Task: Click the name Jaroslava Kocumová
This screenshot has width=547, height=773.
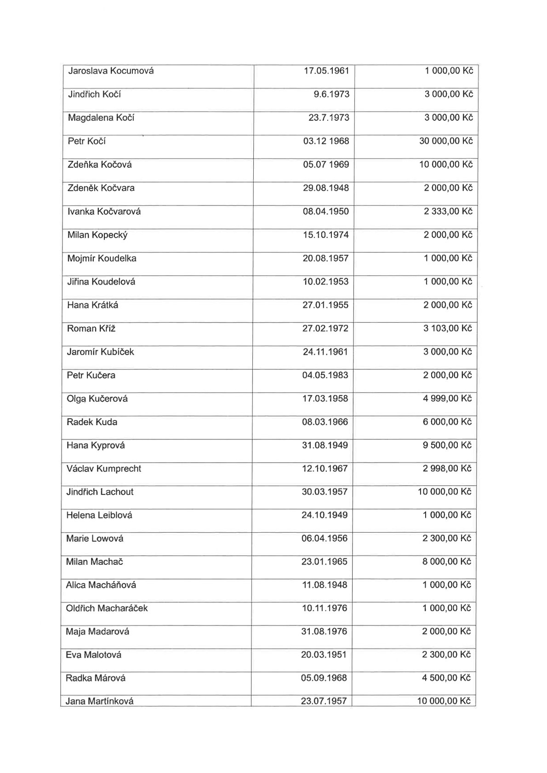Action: pos(111,71)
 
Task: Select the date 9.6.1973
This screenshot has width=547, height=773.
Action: pos(331,94)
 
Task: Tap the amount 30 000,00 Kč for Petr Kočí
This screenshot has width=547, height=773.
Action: pos(446,141)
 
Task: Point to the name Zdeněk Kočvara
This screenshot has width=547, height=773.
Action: pos(101,188)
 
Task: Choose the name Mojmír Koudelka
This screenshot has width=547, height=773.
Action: pos(102,258)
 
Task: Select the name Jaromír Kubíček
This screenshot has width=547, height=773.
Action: pos(100,352)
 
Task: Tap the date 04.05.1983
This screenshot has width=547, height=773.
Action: pos(325,375)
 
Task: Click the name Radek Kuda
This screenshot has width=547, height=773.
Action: pos(92,422)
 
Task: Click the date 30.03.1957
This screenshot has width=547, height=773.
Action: pos(325,492)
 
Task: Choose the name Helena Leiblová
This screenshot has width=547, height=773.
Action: pos(99,515)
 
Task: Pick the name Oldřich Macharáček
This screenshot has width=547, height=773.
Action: pos(107,608)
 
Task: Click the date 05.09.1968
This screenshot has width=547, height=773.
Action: pos(324,678)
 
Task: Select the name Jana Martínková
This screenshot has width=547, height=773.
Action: pos(99,701)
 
